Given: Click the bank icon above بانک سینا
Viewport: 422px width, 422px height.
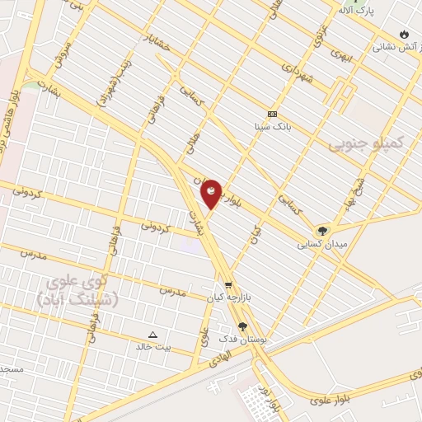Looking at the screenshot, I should click(273, 114).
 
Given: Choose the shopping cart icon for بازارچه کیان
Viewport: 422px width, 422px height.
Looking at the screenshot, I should click(227, 284).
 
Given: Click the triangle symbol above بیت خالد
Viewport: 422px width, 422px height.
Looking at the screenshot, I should click(153, 334).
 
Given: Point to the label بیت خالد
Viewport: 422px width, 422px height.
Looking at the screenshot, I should click(153, 346).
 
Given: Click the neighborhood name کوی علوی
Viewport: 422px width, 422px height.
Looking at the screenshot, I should click(79, 284).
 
